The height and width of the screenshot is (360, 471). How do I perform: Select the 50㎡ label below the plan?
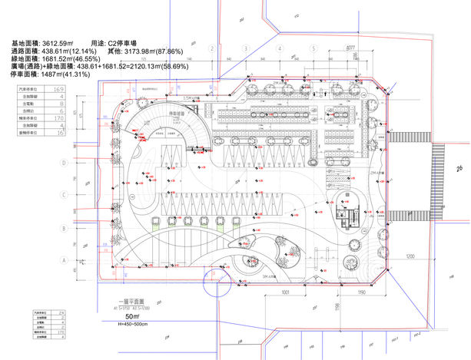click(131, 316)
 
